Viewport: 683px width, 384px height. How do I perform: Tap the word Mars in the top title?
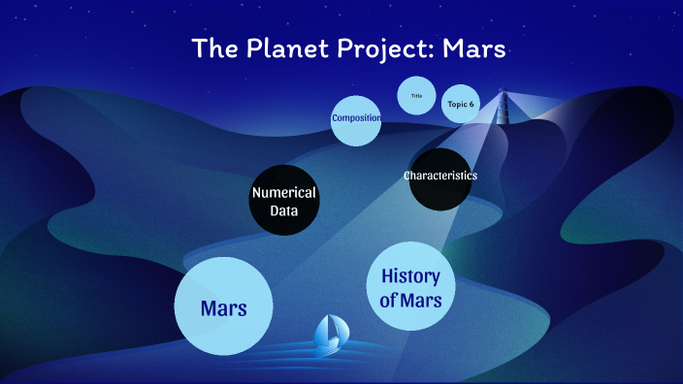(x=473, y=48)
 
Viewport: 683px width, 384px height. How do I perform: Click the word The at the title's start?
(x=212, y=48)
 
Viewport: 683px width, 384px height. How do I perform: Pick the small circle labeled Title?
(x=417, y=96)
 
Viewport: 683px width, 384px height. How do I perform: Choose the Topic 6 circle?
(x=461, y=104)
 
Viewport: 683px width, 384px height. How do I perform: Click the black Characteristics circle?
(x=440, y=178)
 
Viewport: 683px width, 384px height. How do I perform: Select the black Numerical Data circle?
(x=283, y=202)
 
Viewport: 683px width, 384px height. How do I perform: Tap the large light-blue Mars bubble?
(x=222, y=306)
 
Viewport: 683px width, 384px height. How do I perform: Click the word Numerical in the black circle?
(x=283, y=192)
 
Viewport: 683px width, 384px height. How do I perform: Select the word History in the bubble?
(x=411, y=275)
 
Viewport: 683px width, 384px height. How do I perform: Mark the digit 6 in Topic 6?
(x=472, y=104)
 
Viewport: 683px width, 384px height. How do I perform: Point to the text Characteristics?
(x=440, y=176)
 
